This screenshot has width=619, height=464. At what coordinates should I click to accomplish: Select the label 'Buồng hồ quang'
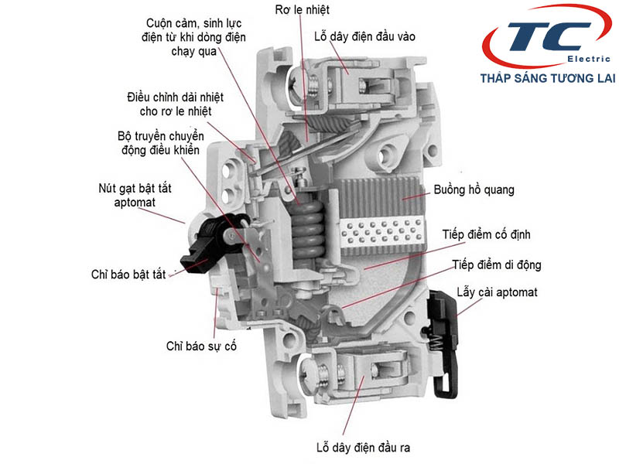pyautogui.click(x=474, y=189)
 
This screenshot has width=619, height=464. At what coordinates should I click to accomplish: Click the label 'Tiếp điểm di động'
pyautogui.click(x=497, y=264)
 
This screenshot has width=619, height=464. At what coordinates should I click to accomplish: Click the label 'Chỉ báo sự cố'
pyautogui.click(x=201, y=346)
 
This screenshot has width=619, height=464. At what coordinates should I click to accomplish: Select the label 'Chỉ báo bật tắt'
pyautogui.click(x=128, y=275)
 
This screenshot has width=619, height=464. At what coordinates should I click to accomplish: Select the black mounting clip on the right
pyautogui.click(x=443, y=340)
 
